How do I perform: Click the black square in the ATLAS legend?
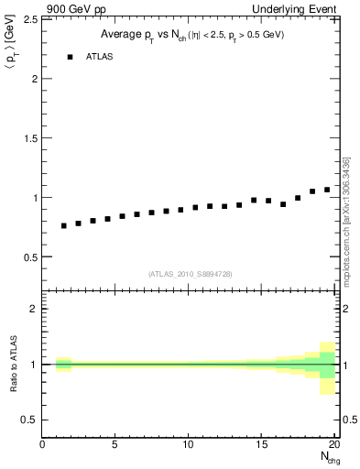coord(70,57)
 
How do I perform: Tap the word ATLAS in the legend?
coord(100,57)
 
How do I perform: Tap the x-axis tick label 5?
coord(115,445)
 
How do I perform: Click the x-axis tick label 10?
coord(189,445)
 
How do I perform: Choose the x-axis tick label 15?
coord(262,445)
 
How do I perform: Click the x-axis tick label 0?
coord(43,445)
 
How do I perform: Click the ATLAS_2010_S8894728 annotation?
coord(190,274)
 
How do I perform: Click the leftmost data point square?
coord(64,225)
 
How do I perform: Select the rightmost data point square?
coord(327,190)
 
